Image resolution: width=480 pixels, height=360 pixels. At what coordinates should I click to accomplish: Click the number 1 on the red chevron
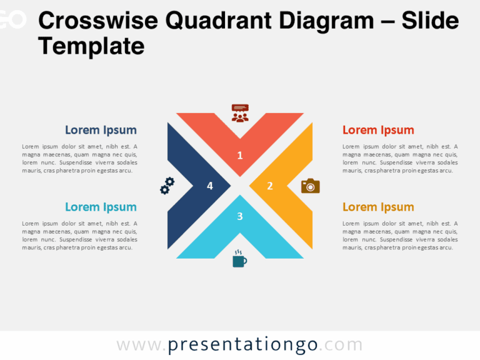[240, 156]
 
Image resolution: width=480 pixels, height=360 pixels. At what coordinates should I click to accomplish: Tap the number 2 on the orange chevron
[270, 186]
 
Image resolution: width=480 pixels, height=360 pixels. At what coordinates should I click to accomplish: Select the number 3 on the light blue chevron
[240, 216]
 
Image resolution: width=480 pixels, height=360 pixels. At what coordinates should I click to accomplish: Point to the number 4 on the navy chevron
[210, 186]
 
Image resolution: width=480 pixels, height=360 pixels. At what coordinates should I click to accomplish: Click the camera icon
[311, 186]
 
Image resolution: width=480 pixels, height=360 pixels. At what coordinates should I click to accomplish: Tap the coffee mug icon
[239, 259]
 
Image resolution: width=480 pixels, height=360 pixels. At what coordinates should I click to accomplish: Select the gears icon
[167, 186]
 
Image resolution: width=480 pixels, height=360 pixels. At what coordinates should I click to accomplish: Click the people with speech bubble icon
[240, 112]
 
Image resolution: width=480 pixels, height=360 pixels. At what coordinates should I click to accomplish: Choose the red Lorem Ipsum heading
[378, 130]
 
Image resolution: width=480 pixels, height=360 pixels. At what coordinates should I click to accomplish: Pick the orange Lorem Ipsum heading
[378, 207]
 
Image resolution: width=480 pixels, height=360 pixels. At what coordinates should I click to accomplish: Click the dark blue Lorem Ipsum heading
[101, 130]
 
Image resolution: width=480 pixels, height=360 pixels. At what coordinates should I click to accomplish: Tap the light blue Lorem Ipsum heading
[101, 207]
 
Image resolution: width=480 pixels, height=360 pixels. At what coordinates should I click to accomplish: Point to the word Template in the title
[91, 46]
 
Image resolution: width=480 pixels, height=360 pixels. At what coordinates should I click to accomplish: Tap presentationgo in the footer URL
[243, 344]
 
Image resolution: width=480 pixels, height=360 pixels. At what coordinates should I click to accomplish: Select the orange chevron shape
[294, 186]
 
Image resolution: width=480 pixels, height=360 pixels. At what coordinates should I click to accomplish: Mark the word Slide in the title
[431, 21]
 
